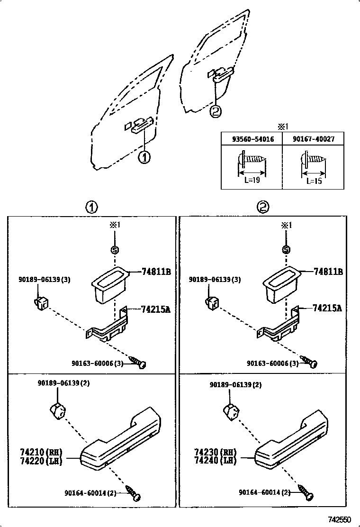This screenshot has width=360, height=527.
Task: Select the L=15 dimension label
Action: [x=313, y=181]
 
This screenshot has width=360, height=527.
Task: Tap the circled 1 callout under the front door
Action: [x=144, y=157]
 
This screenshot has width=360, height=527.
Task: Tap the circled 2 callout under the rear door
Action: [x=216, y=111]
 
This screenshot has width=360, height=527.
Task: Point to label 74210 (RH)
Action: [x=41, y=452]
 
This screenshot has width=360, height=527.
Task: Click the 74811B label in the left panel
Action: [x=156, y=272]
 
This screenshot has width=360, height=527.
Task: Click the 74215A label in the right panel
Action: [x=327, y=308]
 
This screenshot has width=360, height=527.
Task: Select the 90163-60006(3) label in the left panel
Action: [x=98, y=363]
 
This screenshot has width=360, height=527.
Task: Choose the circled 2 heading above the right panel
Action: [x=263, y=207]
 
